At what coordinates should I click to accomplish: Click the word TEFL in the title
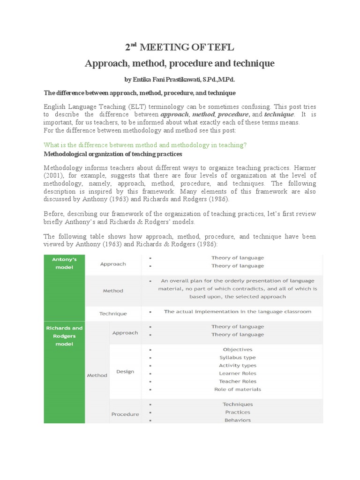(x=220, y=47)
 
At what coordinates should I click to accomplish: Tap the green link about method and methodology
(x=145, y=145)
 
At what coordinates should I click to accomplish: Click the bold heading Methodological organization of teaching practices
(x=113, y=154)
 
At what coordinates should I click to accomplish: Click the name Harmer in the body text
(x=304, y=168)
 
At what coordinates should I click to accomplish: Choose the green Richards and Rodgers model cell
(x=64, y=336)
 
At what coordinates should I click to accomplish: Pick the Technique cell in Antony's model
(x=113, y=314)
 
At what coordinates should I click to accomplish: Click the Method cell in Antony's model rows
(x=113, y=291)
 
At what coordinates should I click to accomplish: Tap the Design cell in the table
(x=125, y=372)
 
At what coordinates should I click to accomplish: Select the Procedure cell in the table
(x=125, y=414)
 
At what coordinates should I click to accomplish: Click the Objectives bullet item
(x=238, y=350)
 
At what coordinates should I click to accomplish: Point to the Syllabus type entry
(x=238, y=358)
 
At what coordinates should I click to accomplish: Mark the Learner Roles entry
(x=238, y=374)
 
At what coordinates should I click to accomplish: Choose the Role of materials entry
(x=238, y=389)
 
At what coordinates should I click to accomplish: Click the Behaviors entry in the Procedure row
(x=238, y=420)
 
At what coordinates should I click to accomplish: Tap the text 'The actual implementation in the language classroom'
(x=237, y=311)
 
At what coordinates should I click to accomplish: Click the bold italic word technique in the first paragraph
(x=279, y=114)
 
